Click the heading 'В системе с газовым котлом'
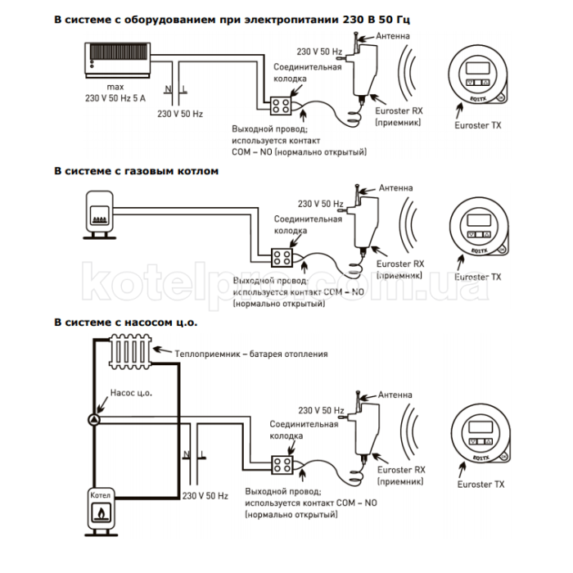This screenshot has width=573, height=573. (x=137, y=171)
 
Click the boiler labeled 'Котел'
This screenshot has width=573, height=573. (x=101, y=509)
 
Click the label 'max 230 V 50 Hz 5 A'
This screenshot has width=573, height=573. (x=114, y=92)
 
